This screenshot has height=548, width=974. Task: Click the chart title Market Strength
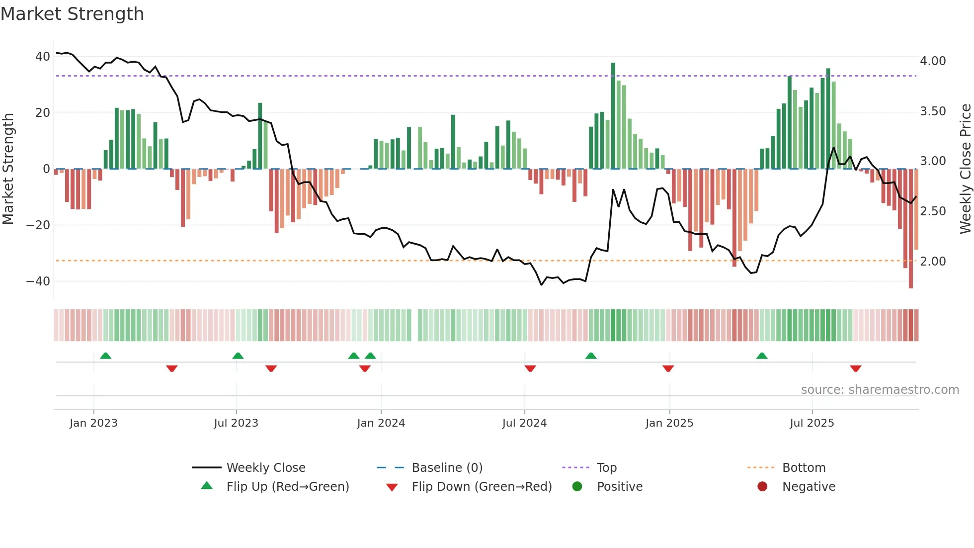[72, 14]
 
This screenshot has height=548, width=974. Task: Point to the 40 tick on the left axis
[42, 57]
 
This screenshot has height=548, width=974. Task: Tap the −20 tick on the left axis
[38, 225]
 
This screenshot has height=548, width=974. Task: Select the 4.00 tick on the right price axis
[933, 61]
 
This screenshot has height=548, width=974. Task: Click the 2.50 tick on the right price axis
[933, 211]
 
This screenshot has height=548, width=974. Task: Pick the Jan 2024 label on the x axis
[381, 423]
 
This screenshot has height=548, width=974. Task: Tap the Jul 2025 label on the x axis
[812, 423]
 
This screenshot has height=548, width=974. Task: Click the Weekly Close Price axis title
[965, 169]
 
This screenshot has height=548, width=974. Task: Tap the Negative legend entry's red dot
[762, 487]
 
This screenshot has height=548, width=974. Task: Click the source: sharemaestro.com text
[880, 390]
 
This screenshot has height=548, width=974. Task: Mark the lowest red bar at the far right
[910, 229]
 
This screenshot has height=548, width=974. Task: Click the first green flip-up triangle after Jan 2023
[105, 356]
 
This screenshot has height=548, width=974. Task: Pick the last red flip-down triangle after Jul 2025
[855, 368]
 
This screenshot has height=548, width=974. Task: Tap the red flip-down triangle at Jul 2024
[530, 368]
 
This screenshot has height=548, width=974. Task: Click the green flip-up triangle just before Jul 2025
[762, 356]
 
